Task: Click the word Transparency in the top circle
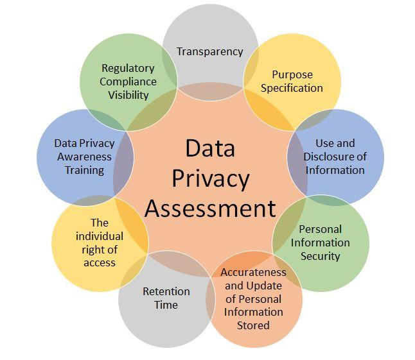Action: pos(210,51)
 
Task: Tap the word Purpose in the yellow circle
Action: pos(292,74)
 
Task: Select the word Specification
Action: pos(292,88)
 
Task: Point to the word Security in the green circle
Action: pos(320,256)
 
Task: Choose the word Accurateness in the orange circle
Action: pos(254,272)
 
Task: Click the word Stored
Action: pos(254,325)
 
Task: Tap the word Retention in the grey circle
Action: pos(166,291)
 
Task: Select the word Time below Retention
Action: pos(166,305)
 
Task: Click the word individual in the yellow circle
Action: pos(99,236)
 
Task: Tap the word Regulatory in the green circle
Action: pos(128,68)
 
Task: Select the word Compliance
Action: pos(128,81)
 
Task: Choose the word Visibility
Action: pos(128,95)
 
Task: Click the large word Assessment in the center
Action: pos(210,209)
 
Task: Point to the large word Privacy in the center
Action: pos(210,178)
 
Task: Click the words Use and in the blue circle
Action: pos(335,143)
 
